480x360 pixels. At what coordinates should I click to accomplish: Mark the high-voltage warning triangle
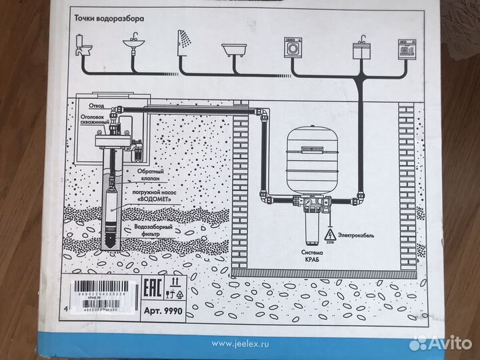click(328, 234)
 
